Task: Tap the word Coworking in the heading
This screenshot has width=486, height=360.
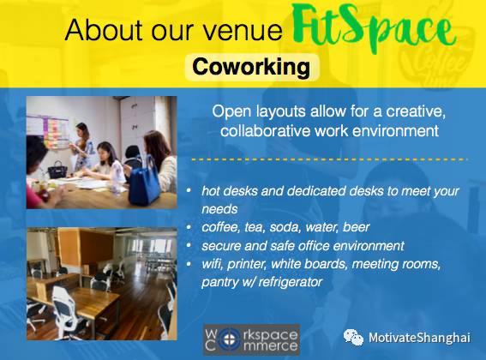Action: click(x=251, y=67)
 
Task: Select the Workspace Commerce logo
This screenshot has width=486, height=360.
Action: click(x=251, y=339)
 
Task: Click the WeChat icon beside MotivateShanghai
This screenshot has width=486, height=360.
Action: click(x=353, y=337)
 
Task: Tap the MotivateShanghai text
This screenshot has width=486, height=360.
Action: click(x=419, y=338)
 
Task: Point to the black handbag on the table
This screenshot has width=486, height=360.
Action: click(x=57, y=170)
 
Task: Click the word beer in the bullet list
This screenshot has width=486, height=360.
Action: click(x=356, y=227)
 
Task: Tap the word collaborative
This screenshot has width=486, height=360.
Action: click(x=266, y=130)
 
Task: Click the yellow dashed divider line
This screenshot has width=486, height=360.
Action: click(x=329, y=159)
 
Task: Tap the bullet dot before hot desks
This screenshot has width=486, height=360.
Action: click(x=189, y=189)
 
